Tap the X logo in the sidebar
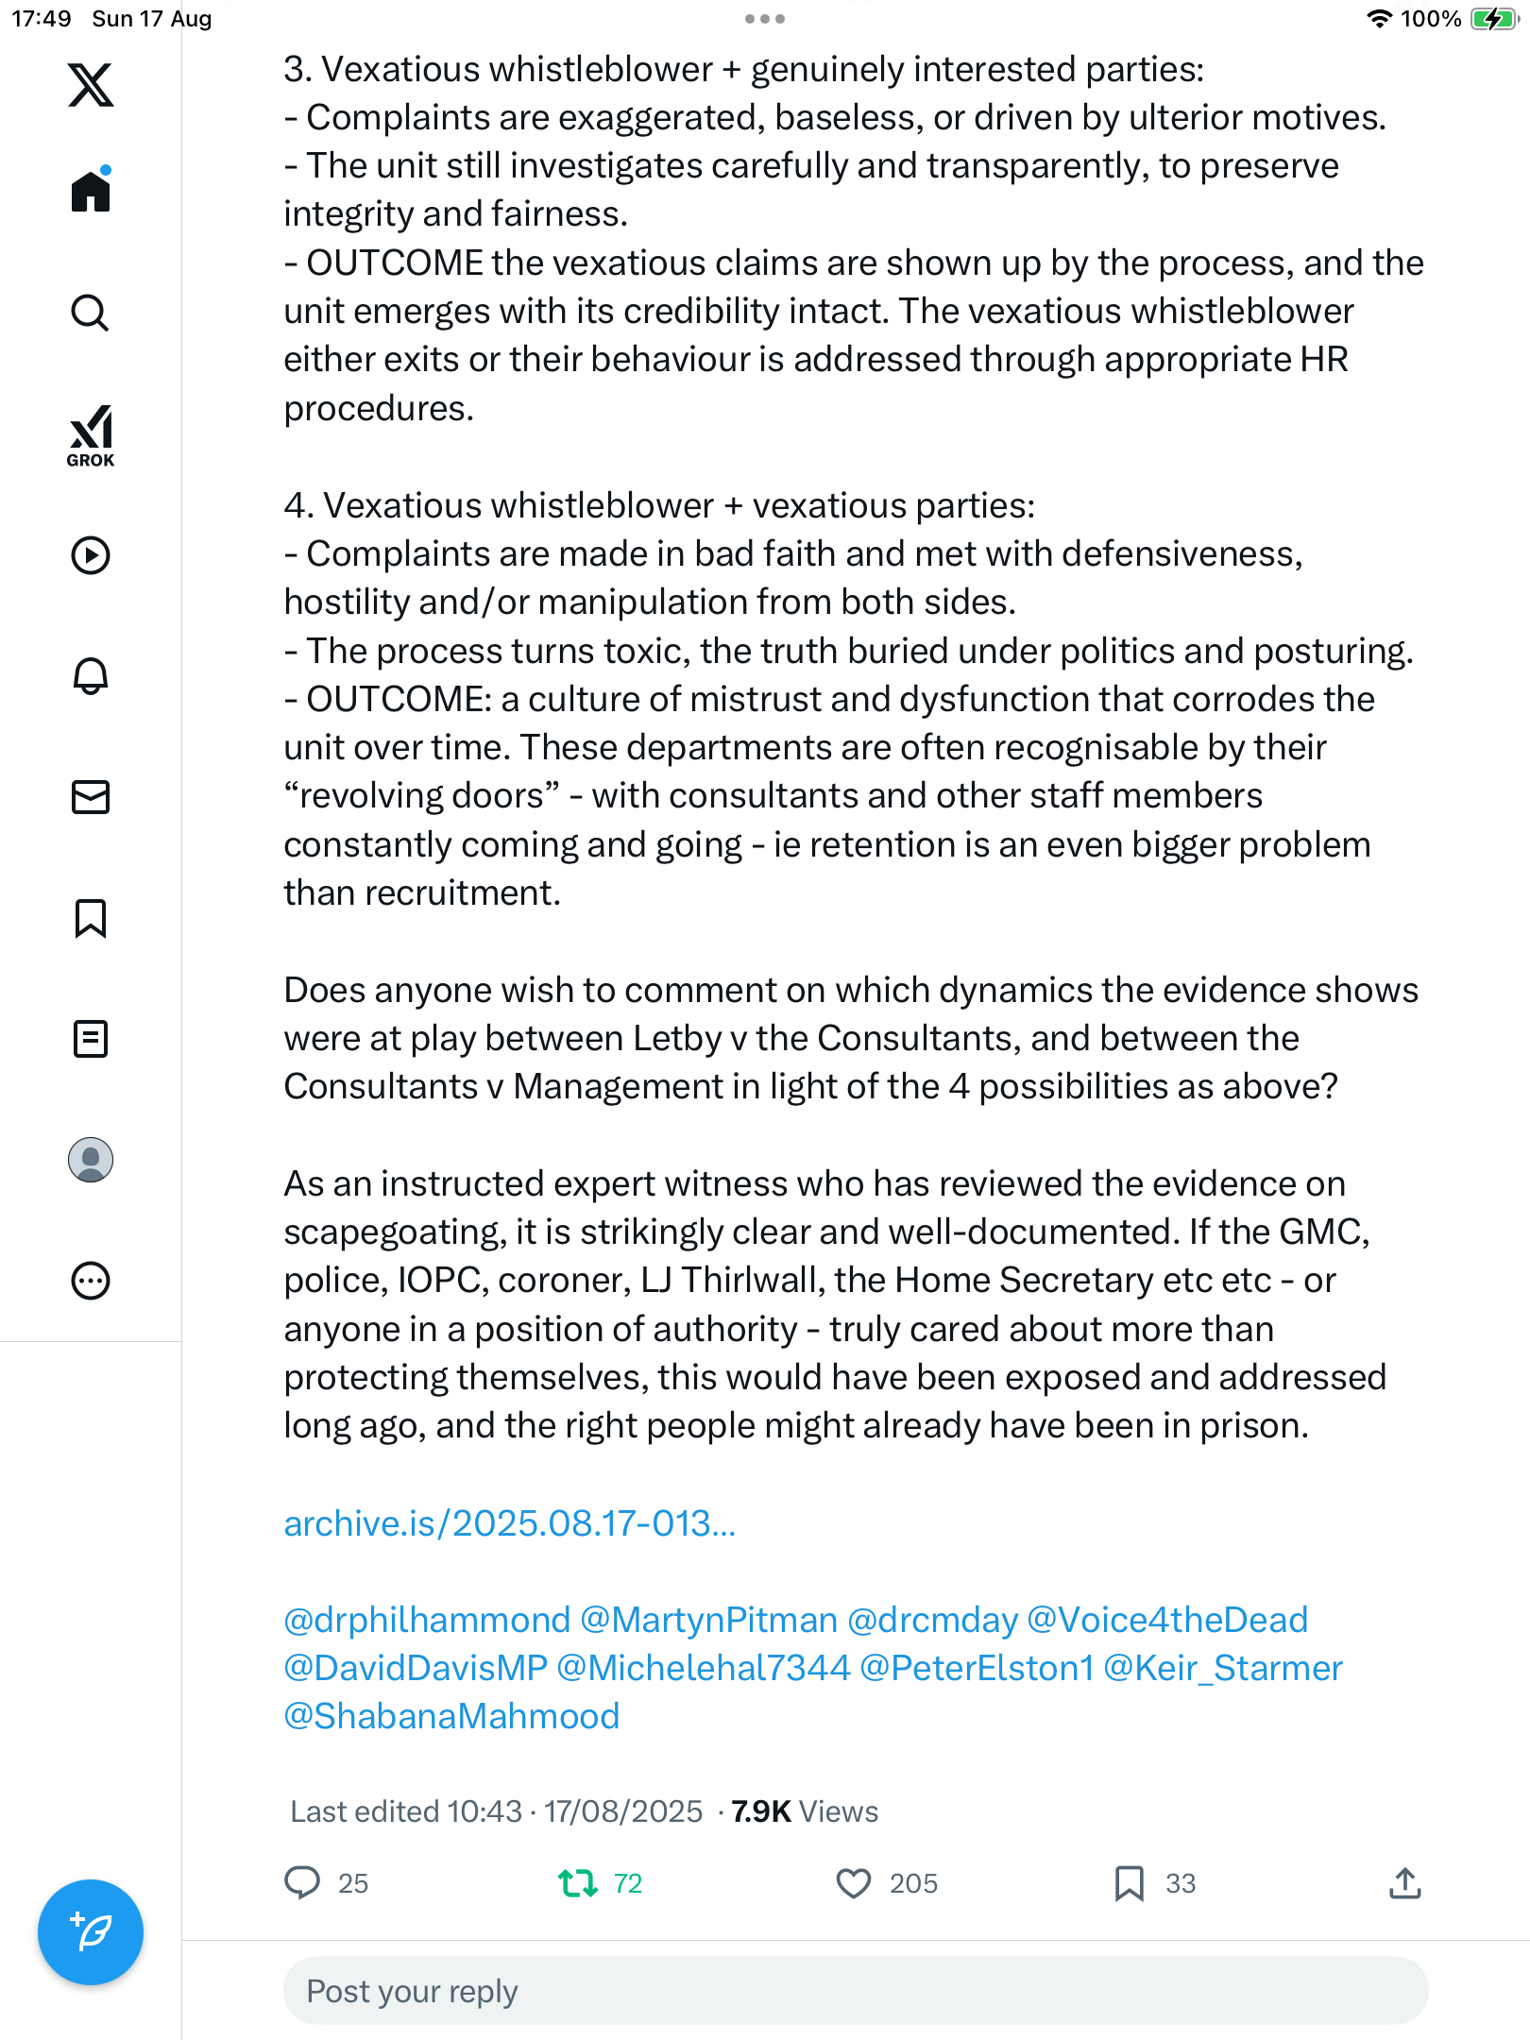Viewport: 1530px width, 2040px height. coord(91,85)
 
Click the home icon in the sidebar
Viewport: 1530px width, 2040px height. coord(91,192)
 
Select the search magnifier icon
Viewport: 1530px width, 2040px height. coord(91,313)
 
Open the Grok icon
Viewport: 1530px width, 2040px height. coord(91,435)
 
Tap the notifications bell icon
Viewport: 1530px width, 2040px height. coord(91,676)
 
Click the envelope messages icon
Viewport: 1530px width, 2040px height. coord(91,797)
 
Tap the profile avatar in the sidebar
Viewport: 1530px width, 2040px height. coord(91,1160)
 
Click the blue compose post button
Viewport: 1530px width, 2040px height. coord(91,1932)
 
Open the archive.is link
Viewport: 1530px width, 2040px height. coord(509,1523)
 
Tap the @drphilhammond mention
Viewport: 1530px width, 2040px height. coord(427,1620)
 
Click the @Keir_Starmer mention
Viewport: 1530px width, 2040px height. coord(1223,1668)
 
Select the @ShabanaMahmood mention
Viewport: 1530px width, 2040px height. coord(451,1716)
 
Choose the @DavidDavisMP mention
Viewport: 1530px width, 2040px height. coord(416,1668)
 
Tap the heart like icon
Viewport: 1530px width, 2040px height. coord(854,1883)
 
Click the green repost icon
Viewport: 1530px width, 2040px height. coord(578,1883)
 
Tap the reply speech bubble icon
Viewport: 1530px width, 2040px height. coord(302,1883)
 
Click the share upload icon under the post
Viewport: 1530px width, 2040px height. coord(1405,1883)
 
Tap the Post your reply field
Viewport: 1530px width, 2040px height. coord(856,1991)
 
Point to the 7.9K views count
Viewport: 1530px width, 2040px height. coord(804,1811)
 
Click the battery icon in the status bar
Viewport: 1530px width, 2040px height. coord(1492,19)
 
